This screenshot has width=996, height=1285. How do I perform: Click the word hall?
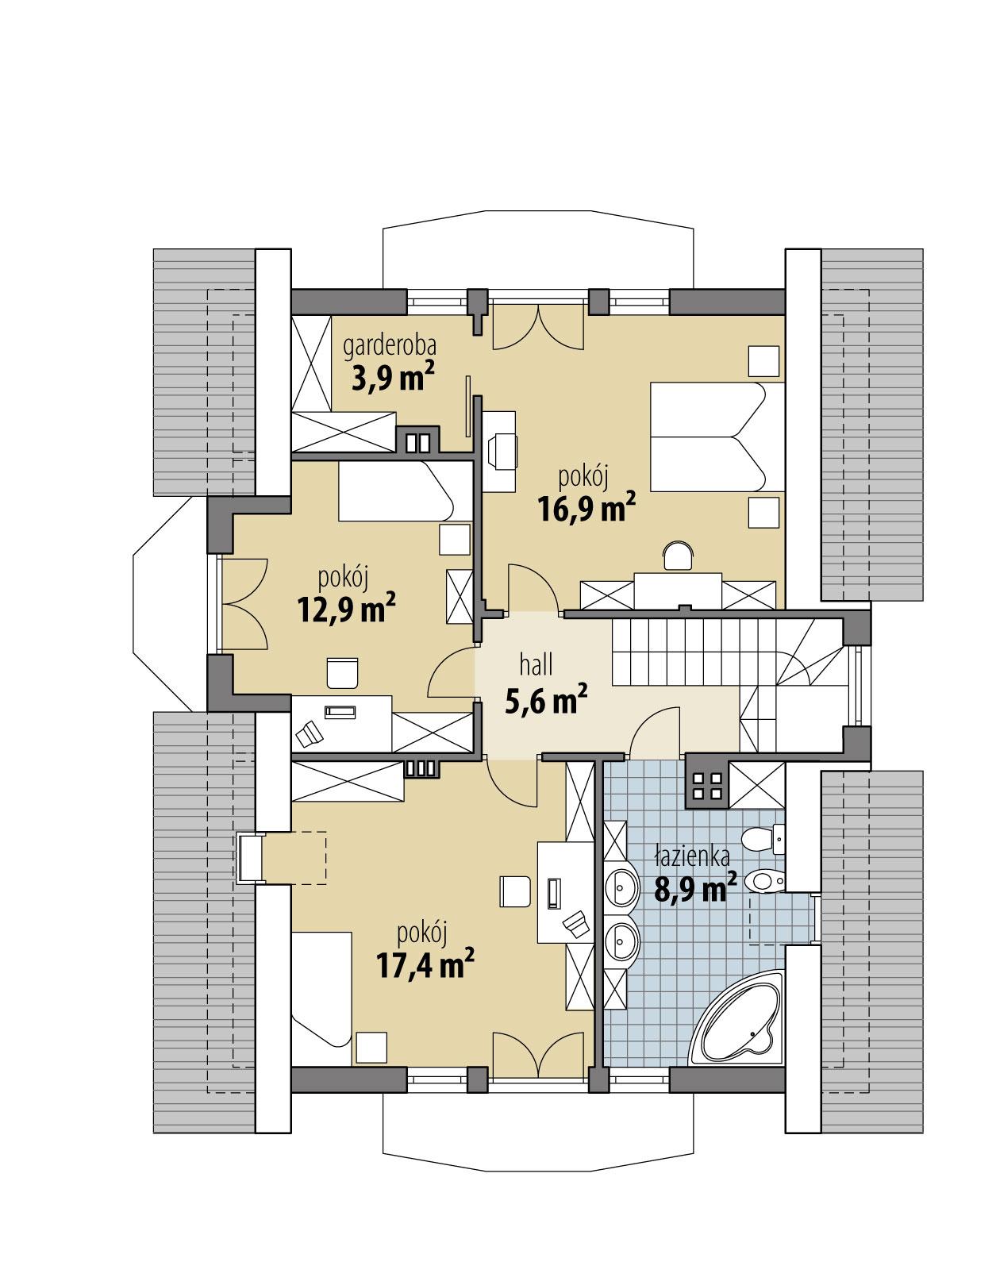coord(536,664)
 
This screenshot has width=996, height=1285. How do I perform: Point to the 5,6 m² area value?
coord(545,699)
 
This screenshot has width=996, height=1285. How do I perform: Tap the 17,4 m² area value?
coord(425,965)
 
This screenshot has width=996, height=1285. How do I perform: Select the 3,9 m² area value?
coord(392,379)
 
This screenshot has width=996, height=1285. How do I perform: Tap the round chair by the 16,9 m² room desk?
coord(677,556)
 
